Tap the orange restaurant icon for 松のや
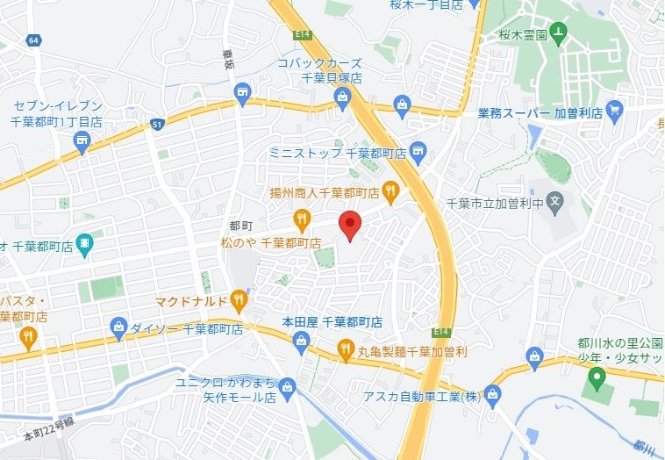[302, 218]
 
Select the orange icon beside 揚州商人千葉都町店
[390, 190]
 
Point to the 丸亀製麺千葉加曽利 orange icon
[345, 350]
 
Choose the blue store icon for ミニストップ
[417, 152]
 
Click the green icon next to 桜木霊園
[559, 33]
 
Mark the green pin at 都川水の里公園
[597, 380]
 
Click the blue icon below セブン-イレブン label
[82, 142]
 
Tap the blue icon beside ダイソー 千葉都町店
[119, 328]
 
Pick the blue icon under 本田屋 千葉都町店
[302, 341]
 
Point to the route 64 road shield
[33, 40]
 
